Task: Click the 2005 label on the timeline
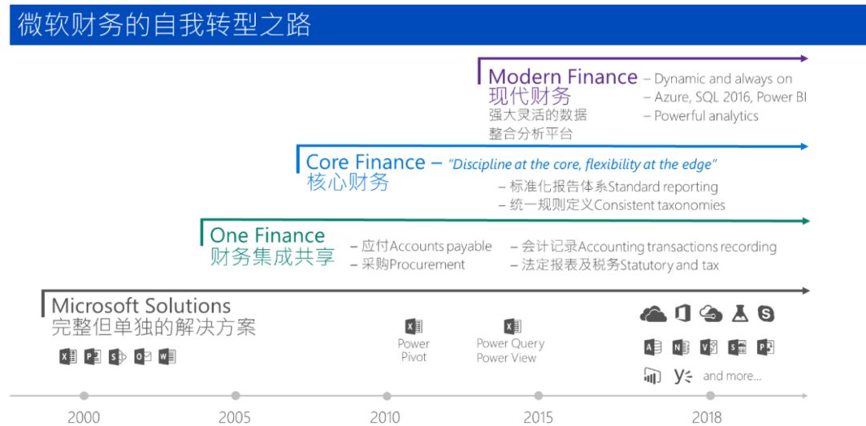click(234, 416)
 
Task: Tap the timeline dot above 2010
click(386, 396)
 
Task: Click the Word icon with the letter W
click(167, 357)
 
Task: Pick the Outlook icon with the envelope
click(143, 357)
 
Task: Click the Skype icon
click(766, 313)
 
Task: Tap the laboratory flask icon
click(739, 313)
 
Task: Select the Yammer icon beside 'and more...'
click(682, 376)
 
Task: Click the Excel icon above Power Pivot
click(413, 326)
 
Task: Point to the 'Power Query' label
click(510, 344)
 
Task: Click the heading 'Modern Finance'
click(563, 77)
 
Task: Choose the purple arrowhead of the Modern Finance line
click(804, 58)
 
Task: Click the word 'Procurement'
click(427, 265)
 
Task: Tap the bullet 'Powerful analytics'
click(706, 116)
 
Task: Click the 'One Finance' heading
click(267, 235)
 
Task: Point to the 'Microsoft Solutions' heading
click(141, 306)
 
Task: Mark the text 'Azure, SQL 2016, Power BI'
click(730, 98)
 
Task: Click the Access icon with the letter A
click(654, 347)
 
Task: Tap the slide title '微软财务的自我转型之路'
click(164, 25)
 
